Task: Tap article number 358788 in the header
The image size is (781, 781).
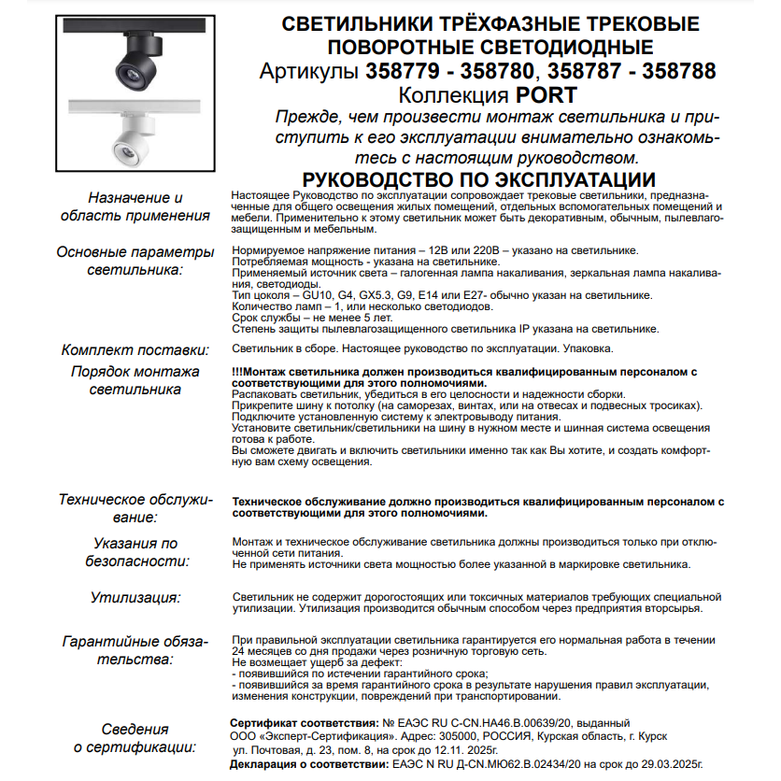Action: coord(680,71)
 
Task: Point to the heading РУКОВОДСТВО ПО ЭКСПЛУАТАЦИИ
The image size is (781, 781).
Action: coord(478,179)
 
